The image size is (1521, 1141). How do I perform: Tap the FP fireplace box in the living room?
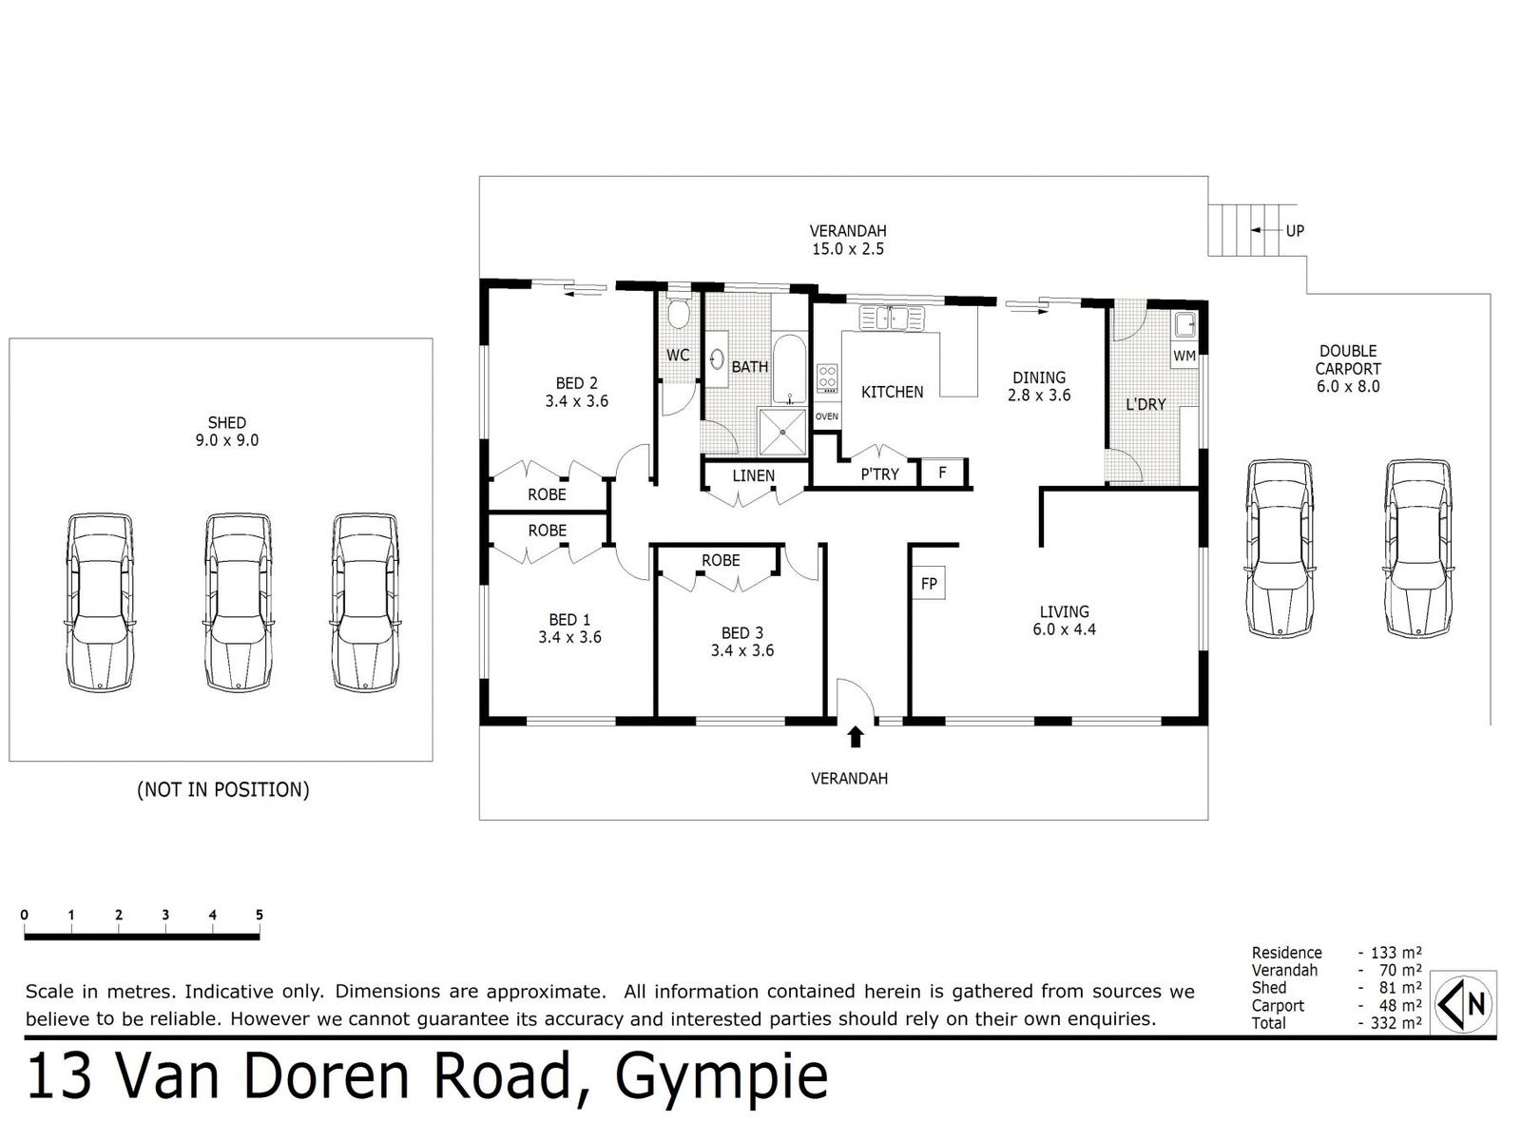[x=928, y=583]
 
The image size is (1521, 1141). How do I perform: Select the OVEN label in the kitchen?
[x=826, y=416]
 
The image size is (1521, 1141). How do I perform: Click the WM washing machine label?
[x=1184, y=356]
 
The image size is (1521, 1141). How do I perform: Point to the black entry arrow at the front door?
[x=855, y=736]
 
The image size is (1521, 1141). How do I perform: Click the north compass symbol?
[x=1462, y=1003]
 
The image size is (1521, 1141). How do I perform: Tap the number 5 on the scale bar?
[x=260, y=915]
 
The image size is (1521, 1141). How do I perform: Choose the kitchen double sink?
[x=892, y=318]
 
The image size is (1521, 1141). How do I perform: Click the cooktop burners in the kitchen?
[x=827, y=378]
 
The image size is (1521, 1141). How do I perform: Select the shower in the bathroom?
[x=783, y=433]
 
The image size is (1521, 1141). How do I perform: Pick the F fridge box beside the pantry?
[x=942, y=473]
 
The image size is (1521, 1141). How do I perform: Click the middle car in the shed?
[x=237, y=602]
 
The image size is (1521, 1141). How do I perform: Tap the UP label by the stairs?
[x=1295, y=231]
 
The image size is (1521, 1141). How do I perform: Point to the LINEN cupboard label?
[x=753, y=476]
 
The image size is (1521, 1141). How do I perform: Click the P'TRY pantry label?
[x=879, y=474]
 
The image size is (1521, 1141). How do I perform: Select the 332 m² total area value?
[x=1396, y=1022]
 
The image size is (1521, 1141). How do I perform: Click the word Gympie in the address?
[x=722, y=1076]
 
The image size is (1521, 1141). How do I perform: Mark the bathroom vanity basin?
[x=717, y=359]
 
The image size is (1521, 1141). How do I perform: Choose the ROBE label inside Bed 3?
[x=721, y=560]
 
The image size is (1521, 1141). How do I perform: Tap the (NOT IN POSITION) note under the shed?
[x=223, y=789]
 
